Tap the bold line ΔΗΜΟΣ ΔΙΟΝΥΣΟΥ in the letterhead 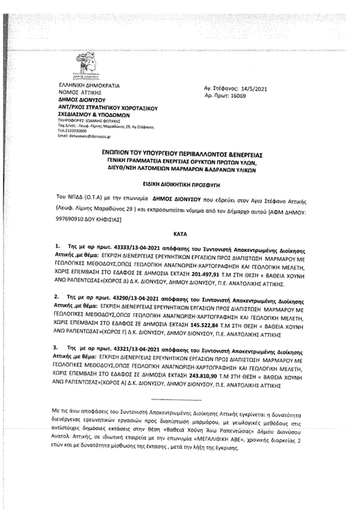pos(82,100)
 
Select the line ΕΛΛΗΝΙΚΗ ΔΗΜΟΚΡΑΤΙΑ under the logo pos(89,86)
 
